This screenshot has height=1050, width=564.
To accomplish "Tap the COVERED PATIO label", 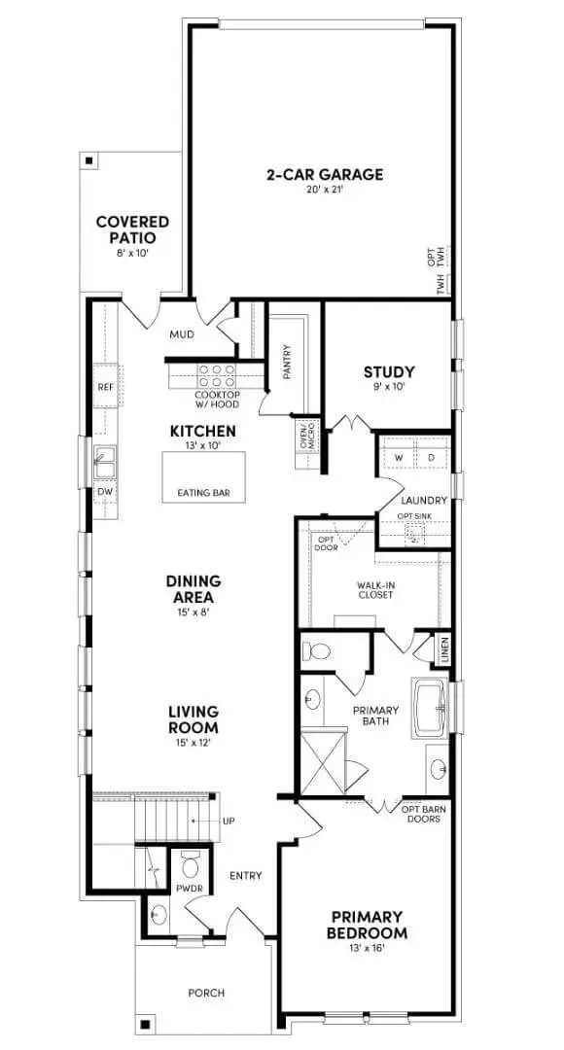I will point(132,229).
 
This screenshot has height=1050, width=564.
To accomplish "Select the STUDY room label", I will point(389,371).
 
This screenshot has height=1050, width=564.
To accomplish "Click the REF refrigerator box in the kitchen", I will point(106,386).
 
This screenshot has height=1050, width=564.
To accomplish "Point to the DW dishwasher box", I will point(105,492).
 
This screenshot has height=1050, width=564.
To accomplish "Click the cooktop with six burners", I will point(216,375).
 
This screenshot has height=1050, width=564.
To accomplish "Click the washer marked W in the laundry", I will point(399,457).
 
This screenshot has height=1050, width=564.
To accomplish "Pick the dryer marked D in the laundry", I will point(431,457).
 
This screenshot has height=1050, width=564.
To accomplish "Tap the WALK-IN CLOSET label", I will point(374,589).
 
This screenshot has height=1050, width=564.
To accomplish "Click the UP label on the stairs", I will point(229,822).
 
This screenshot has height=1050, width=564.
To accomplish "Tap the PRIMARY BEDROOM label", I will point(369,924).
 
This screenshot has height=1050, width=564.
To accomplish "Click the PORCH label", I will point(206,993).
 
